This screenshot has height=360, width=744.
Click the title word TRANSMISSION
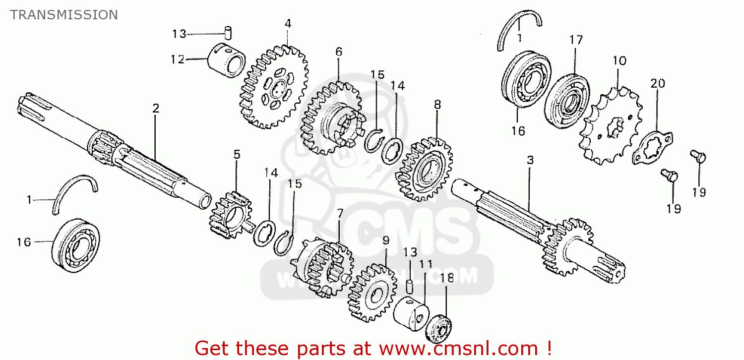coord(63,15)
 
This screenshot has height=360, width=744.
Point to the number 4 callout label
coord(288,23)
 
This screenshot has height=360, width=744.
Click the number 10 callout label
coord(619,61)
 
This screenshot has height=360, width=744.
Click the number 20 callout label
coord(658,83)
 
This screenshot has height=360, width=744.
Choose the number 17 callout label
coord(576,40)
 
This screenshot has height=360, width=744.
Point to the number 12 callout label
coord(178,60)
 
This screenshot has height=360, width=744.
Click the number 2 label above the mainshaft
coord(156,108)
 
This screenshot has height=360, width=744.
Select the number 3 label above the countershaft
coord(530,160)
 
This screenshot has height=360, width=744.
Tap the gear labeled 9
coord(372,293)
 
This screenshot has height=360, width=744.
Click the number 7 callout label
coord(340,213)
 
